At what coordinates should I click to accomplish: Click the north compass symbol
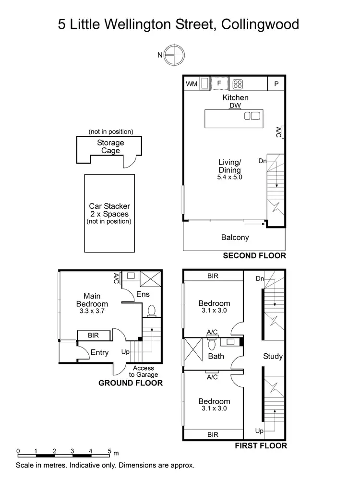point(174,55)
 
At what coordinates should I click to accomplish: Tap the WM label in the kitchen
point(192,84)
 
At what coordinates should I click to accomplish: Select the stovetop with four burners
point(237,84)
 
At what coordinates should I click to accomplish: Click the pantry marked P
point(276,84)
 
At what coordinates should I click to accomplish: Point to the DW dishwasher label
point(235,106)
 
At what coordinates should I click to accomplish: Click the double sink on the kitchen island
point(252,116)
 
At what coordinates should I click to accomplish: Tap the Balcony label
point(235,237)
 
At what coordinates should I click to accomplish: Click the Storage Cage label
point(110,146)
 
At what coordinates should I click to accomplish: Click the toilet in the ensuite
point(152,311)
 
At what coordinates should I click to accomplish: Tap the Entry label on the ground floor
point(99,353)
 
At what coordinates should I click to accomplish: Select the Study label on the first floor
point(273,357)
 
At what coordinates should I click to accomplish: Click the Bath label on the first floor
point(216,357)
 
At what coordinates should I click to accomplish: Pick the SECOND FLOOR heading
point(254,256)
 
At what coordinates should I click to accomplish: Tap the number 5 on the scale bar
point(109,451)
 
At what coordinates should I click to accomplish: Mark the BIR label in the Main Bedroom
point(94,336)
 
